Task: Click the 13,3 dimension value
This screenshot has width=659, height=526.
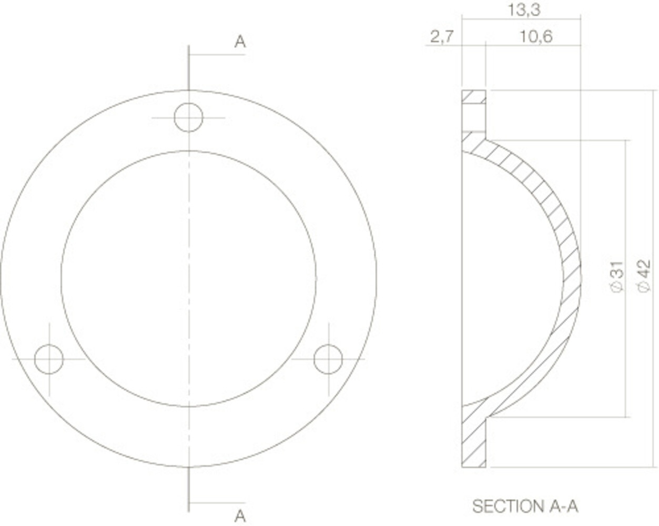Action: pos(524,10)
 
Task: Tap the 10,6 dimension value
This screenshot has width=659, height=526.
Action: pos(535,37)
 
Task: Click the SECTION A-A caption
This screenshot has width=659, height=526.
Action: pos(525,507)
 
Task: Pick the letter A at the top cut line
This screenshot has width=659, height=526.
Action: pos(240,42)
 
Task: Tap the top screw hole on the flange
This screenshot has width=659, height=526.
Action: pos(189,118)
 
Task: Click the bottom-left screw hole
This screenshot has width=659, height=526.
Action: pos(49,359)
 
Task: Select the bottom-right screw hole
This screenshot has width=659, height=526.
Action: pos(328,359)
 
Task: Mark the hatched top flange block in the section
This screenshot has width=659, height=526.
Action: pos(473,97)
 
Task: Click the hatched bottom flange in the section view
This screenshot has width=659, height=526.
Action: pos(473,442)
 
